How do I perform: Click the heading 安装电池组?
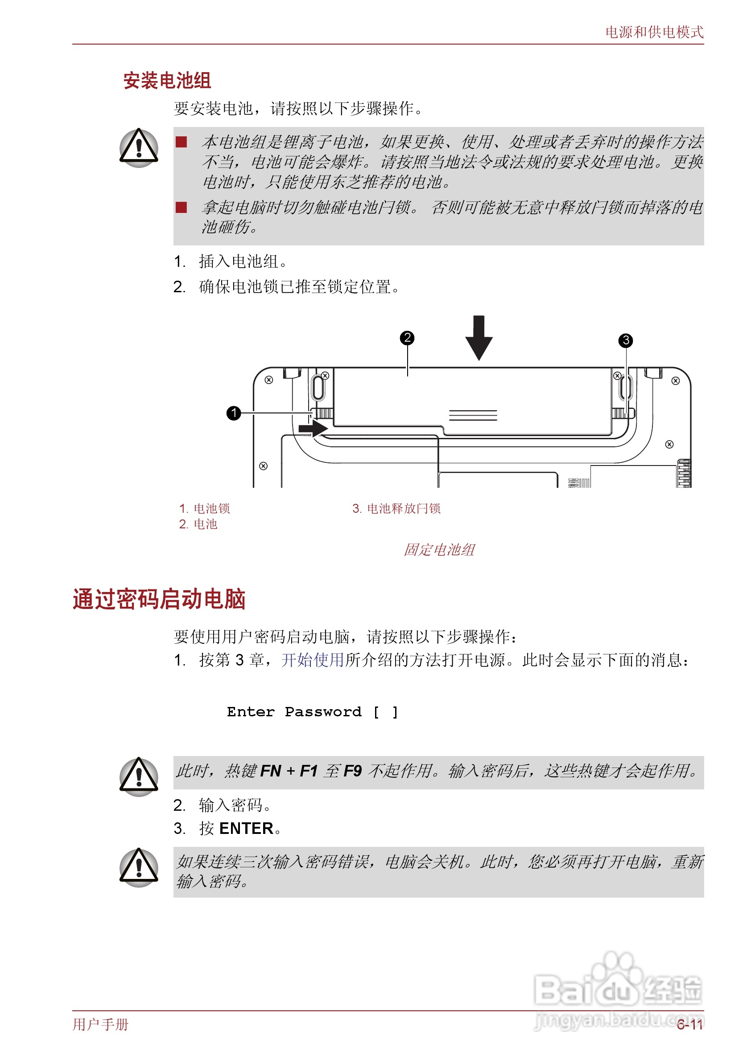[x=167, y=81]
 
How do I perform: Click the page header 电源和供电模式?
[x=654, y=32]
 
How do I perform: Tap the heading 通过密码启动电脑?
[x=159, y=599]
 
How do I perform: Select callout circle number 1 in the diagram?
[x=234, y=413]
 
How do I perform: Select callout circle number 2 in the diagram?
[x=407, y=338]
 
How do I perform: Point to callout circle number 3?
[x=626, y=340]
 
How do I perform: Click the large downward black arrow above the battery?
[x=479, y=338]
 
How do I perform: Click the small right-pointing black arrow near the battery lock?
[x=313, y=428]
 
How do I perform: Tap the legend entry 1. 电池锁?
[x=205, y=508]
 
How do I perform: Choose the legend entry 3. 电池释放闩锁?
[x=396, y=508]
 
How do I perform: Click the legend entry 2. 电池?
[x=198, y=524]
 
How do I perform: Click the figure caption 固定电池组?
[x=439, y=550]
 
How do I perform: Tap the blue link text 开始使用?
[x=313, y=660]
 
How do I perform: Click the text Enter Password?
[x=294, y=712]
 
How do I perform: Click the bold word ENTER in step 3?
[x=246, y=829]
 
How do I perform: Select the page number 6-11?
[x=690, y=1025]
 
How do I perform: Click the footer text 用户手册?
[x=100, y=1025]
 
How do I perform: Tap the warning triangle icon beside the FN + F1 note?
[x=139, y=777]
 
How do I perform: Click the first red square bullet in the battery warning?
[x=181, y=142]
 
